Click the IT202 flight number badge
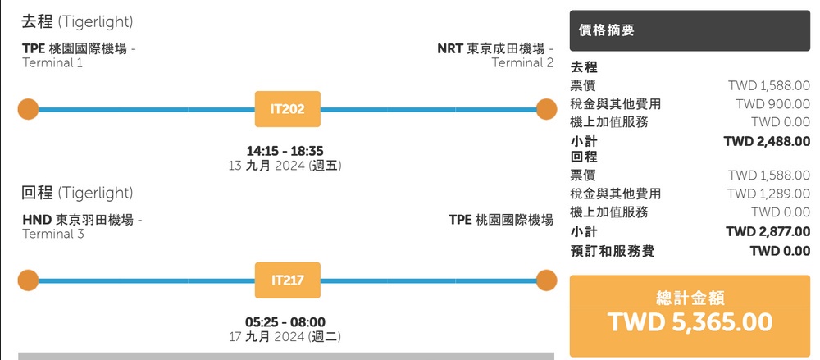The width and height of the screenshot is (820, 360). (288, 109)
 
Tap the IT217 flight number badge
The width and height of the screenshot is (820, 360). (288, 280)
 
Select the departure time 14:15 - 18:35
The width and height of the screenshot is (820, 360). (285, 151)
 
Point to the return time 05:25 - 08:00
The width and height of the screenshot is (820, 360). (285, 321)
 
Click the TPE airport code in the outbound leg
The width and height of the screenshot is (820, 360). (34, 48)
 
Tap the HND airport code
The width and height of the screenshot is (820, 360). (36, 220)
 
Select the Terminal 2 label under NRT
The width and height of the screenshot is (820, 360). (522, 63)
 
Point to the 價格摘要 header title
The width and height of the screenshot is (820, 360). (606, 31)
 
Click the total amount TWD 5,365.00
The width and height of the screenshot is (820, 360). (690, 322)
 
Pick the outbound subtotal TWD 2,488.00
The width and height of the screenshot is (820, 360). (767, 141)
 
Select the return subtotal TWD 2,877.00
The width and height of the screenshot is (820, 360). (767, 231)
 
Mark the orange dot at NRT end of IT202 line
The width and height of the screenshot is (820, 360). (547, 109)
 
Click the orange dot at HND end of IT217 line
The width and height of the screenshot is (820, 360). (28, 280)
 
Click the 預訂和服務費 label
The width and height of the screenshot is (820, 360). (613, 251)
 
